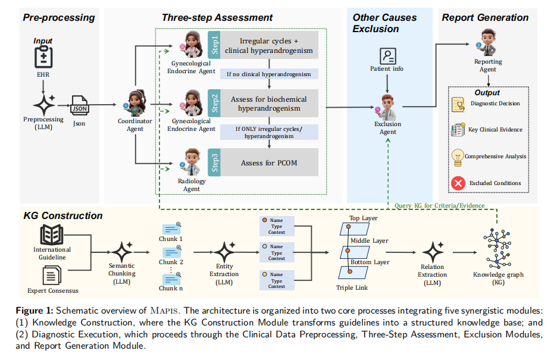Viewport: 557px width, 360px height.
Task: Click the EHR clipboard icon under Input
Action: click(x=43, y=57)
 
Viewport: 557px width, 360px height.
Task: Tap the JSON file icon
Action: click(x=80, y=105)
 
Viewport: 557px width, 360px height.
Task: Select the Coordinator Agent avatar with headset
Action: click(x=135, y=103)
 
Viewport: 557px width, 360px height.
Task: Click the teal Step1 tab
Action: click(x=214, y=45)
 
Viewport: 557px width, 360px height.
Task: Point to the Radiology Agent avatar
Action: click(x=192, y=162)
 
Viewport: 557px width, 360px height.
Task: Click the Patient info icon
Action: click(x=387, y=56)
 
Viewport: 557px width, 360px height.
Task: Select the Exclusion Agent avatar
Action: click(x=386, y=107)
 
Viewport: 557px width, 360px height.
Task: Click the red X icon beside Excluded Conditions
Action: click(x=458, y=183)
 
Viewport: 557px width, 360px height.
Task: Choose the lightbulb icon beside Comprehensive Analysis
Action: click(x=458, y=158)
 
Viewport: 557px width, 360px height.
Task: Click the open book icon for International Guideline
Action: click(x=52, y=234)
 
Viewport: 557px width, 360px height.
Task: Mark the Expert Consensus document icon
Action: click(x=52, y=276)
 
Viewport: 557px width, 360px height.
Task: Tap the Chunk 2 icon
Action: click(x=172, y=252)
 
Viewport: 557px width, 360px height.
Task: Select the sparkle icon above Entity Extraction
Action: click(x=225, y=252)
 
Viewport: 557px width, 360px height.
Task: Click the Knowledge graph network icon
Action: click(x=497, y=249)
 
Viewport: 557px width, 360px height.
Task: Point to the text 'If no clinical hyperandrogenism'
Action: click(x=269, y=74)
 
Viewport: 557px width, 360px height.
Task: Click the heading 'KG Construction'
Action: click(x=63, y=215)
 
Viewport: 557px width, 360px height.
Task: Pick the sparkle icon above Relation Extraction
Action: click(x=433, y=252)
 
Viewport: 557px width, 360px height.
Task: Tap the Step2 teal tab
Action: click(x=214, y=104)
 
